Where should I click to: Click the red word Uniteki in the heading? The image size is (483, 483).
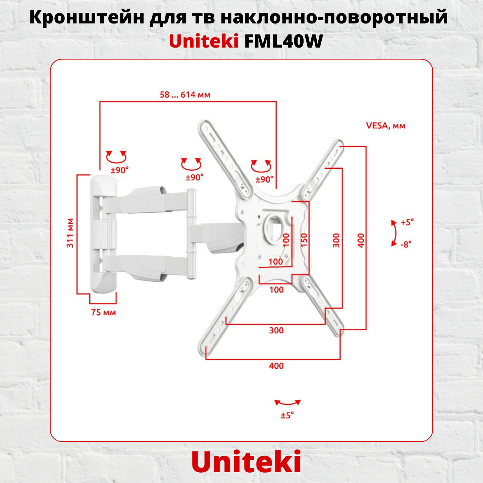click(204, 41)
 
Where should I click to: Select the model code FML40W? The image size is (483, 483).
click(283, 41)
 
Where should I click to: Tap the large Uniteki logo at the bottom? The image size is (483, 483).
click(246, 462)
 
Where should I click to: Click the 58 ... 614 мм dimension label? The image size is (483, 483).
click(185, 95)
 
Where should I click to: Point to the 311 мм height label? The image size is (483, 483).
click(70, 233)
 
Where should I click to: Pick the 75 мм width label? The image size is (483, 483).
click(103, 313)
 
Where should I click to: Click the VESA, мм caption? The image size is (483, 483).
click(385, 126)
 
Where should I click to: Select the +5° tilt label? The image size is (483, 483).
click(407, 222)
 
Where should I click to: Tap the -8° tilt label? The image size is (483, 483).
click(406, 244)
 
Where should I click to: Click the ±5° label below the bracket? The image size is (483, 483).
click(287, 415)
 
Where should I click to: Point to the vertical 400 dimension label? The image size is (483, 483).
click(361, 240)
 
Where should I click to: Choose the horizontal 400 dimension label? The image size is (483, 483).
click(276, 366)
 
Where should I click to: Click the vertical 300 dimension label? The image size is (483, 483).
click(336, 240)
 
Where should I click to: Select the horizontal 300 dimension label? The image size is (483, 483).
click(276, 330)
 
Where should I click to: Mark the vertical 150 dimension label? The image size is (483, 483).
click(304, 240)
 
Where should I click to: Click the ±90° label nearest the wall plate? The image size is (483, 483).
click(119, 170)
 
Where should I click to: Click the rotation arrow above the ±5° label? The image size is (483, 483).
click(287, 402)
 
